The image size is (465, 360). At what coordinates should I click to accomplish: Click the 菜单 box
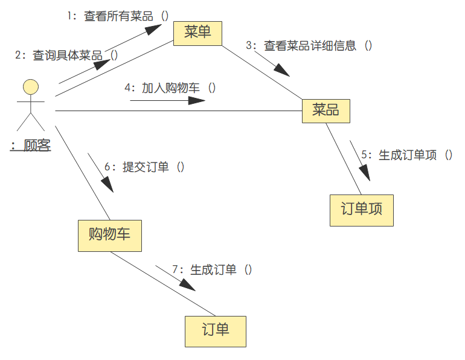[x=197, y=33]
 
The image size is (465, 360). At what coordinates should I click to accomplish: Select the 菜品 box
[x=326, y=111]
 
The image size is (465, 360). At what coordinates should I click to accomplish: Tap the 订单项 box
[x=361, y=210]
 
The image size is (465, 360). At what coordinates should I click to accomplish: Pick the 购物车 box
[x=109, y=236]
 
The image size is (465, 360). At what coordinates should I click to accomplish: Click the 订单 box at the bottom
[x=216, y=331]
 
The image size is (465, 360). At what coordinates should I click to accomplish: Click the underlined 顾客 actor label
[x=31, y=146]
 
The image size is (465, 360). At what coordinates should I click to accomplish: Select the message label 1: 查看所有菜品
[x=118, y=16]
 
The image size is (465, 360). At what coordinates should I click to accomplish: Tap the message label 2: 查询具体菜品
[x=66, y=55]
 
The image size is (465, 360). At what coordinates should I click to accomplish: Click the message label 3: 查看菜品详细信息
[x=309, y=45]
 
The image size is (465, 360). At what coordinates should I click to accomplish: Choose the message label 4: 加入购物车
[x=170, y=88]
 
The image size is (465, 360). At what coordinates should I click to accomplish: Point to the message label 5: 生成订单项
[x=407, y=155]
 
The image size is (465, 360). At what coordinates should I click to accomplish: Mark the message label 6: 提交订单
[x=144, y=167]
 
